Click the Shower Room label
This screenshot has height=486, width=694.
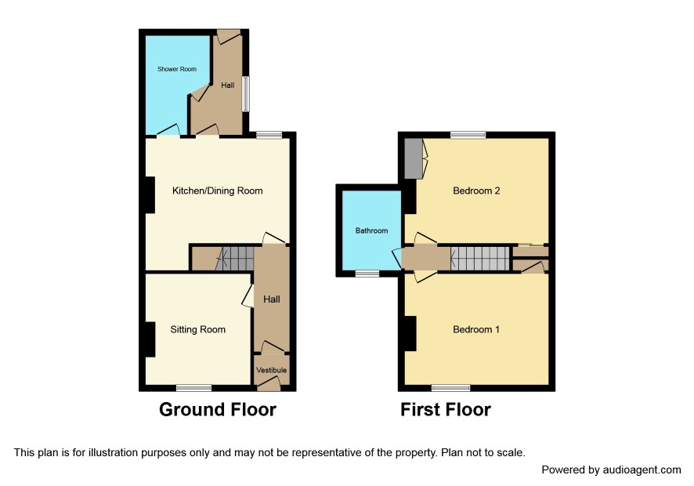[x=177, y=69]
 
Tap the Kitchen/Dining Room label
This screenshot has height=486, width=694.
[x=217, y=191]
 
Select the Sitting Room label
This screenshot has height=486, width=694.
[x=198, y=329]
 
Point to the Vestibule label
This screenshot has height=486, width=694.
[x=271, y=370]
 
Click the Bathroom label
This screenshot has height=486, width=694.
[x=372, y=230]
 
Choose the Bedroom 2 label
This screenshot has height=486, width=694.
[x=476, y=191]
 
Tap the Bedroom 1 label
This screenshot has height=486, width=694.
[x=476, y=329]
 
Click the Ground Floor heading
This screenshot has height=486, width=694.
[x=218, y=410]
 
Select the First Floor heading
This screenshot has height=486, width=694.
[x=446, y=410]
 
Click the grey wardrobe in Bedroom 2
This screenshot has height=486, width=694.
[x=414, y=158]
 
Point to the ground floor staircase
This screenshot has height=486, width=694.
[x=235, y=258]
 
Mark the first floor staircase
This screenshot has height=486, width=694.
[x=480, y=258]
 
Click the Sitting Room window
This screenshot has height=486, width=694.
[x=193, y=388]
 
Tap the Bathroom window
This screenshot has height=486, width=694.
[x=368, y=274]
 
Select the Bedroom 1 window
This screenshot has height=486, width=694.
[x=451, y=388]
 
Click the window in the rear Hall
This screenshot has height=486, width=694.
[x=245, y=94]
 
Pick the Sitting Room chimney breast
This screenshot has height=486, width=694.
[x=150, y=339]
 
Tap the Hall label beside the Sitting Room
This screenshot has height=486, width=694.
[x=271, y=299]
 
